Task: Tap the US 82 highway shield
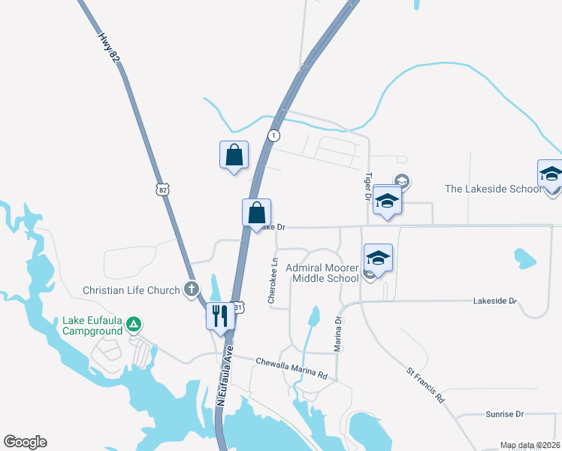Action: pyautogui.click(x=162, y=189)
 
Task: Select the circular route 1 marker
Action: pyautogui.click(x=274, y=135)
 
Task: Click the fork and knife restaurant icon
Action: pyautogui.click(x=220, y=315)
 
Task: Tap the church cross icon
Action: pyautogui.click(x=192, y=289)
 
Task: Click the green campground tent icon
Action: pyautogui.click(x=133, y=324)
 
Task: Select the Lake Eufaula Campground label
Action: pyautogui.click(x=92, y=325)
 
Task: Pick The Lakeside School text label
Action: pyautogui.click(x=493, y=189)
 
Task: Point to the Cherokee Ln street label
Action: pyautogui.click(x=273, y=282)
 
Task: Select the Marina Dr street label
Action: pyautogui.click(x=338, y=334)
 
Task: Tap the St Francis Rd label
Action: pyautogui.click(x=425, y=385)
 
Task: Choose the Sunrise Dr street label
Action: pyautogui.click(x=503, y=414)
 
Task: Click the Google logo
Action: pyautogui.click(x=25, y=442)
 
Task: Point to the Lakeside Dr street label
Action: pyautogui.click(x=495, y=301)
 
